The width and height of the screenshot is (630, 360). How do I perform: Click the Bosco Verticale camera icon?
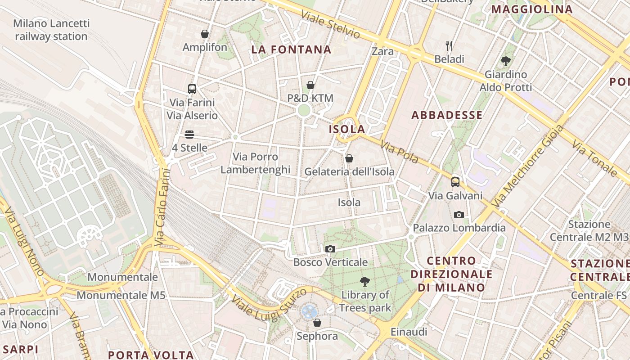click(330, 249)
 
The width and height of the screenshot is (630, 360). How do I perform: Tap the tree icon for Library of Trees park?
click(365, 282)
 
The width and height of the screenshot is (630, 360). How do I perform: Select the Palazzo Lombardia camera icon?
click(459, 215)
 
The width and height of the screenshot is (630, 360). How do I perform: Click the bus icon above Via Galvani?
click(455, 182)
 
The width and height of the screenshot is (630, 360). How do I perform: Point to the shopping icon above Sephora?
click(317, 323)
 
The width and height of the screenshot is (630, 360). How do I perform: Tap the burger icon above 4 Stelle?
click(189, 135)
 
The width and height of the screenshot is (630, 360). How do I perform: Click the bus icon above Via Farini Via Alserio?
click(192, 89)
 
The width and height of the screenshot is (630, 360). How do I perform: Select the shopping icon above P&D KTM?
click(310, 85)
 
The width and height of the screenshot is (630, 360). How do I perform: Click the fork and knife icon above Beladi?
click(449, 45)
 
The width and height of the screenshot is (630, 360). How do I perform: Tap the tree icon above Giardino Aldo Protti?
click(506, 61)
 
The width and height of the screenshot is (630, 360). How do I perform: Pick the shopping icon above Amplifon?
click(205, 34)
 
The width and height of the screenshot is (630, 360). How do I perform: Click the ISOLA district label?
click(347, 129)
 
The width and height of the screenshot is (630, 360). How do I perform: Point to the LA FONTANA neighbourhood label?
click(291, 49)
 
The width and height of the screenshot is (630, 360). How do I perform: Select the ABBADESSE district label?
click(447, 115)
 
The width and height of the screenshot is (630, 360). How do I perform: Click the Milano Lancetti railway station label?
click(51, 30)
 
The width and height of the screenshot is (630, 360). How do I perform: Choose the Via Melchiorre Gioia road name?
click(528, 166)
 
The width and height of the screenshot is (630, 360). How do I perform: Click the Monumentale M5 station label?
click(121, 295)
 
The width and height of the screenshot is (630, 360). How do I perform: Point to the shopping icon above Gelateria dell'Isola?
click(349, 158)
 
